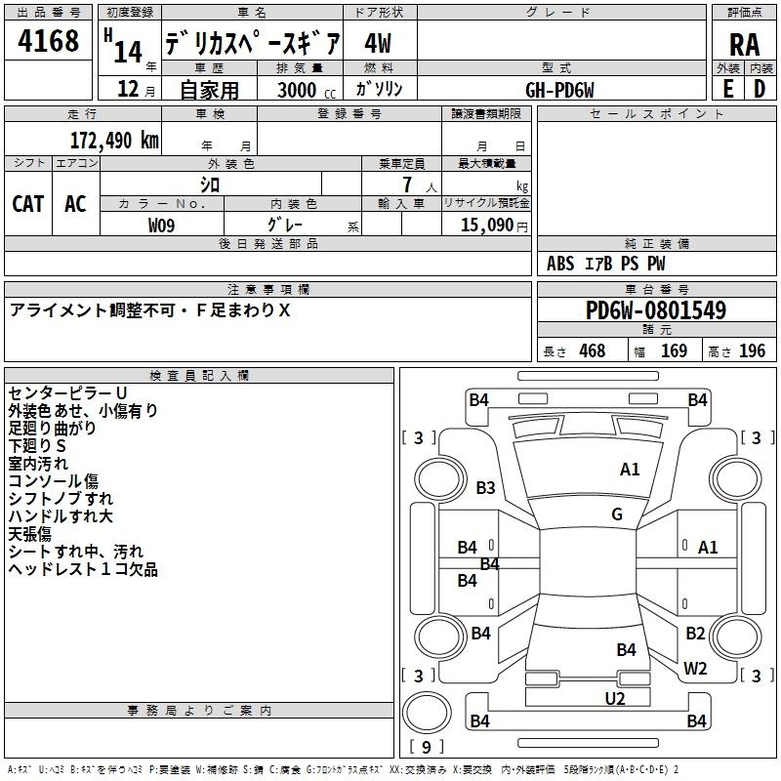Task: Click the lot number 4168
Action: [x=48, y=41]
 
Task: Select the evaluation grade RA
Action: [x=744, y=45]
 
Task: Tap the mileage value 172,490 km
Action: [x=114, y=140]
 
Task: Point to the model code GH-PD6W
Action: [x=559, y=90]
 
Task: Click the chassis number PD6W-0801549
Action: [x=656, y=310]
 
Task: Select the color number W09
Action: [x=161, y=226]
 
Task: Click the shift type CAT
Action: [x=28, y=204]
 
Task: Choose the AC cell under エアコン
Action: [x=75, y=204]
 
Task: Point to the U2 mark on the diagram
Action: [x=615, y=699]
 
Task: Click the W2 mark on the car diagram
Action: [x=695, y=669]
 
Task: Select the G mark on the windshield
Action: [x=617, y=514]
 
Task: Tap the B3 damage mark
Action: [x=485, y=487]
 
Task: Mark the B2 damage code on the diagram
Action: [x=695, y=633]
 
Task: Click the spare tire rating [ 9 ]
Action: [x=427, y=747]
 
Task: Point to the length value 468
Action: [x=593, y=351]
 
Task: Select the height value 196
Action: [x=752, y=351]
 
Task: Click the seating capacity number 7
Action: [x=407, y=185]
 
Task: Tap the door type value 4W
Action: [x=378, y=43]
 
